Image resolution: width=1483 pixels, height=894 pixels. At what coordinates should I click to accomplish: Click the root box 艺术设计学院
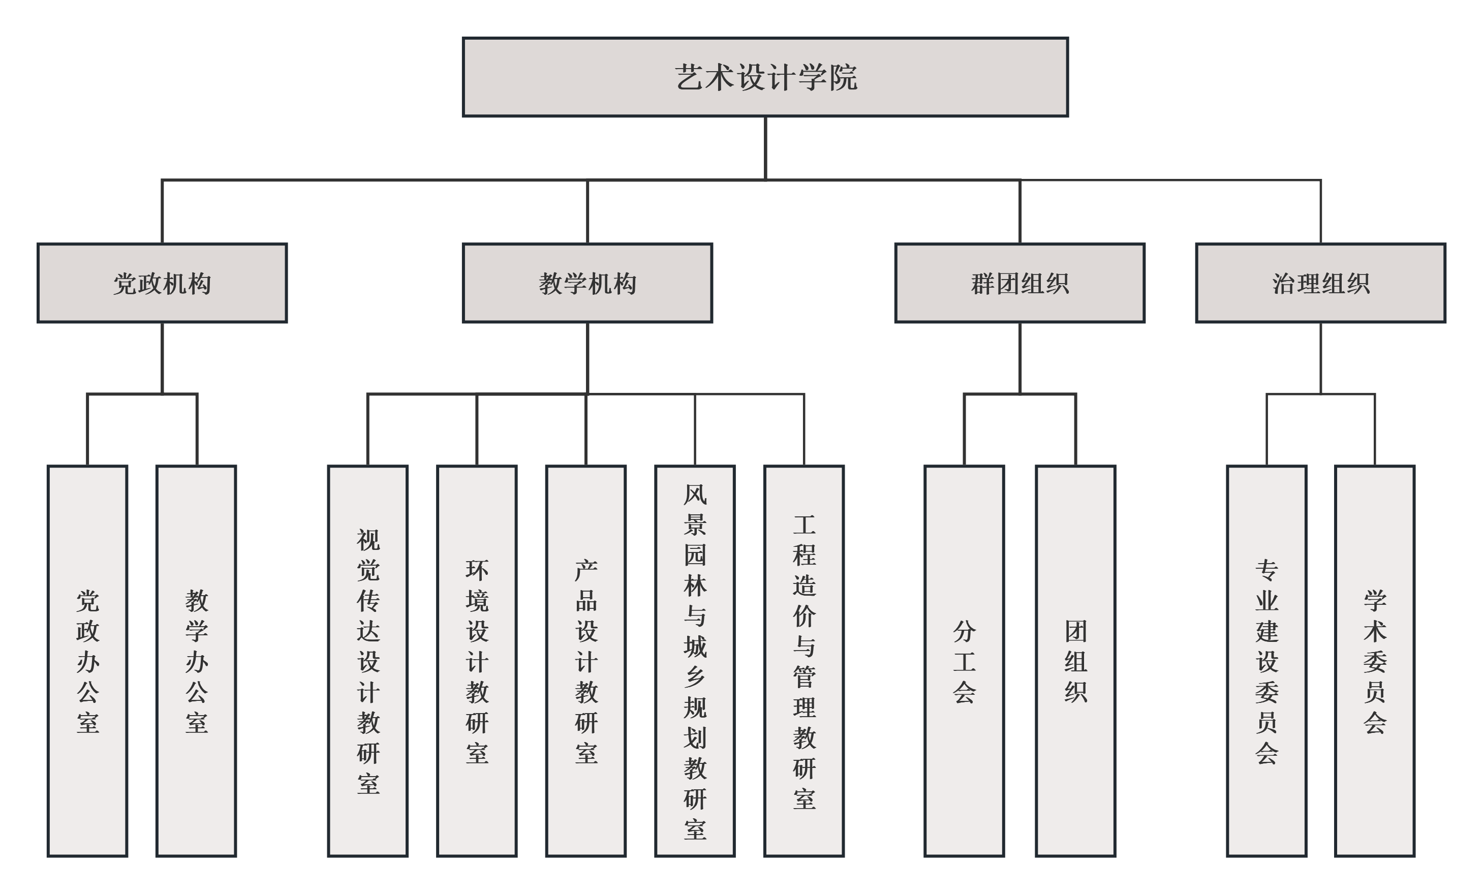(x=765, y=77)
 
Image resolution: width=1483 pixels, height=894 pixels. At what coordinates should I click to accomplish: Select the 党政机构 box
(x=162, y=283)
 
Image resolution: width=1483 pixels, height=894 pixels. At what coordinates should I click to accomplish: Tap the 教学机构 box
(x=587, y=283)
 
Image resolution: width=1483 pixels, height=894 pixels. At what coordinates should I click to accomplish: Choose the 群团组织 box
(x=1019, y=283)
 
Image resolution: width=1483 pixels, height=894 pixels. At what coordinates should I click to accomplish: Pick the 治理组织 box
(x=1320, y=283)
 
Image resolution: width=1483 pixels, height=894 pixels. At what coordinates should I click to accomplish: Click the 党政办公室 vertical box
(x=87, y=660)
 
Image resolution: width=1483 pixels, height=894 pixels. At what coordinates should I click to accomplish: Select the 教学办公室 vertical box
(x=196, y=660)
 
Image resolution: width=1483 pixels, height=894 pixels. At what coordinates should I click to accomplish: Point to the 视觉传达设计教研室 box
(x=368, y=660)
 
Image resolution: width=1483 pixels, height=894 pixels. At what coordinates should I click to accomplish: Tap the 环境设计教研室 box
(x=477, y=660)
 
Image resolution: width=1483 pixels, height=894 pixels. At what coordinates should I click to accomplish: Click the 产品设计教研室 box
(x=585, y=660)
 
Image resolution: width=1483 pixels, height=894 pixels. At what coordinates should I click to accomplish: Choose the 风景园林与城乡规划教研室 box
(x=695, y=660)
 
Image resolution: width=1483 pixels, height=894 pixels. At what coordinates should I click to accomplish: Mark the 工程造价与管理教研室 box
(x=804, y=660)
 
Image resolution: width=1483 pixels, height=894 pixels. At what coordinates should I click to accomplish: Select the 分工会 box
(x=964, y=660)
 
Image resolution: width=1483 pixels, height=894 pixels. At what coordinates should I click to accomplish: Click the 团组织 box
(x=1075, y=660)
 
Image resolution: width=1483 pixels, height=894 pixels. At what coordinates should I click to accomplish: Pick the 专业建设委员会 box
(x=1267, y=660)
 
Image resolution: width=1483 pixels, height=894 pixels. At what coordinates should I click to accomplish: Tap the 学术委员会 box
(x=1375, y=660)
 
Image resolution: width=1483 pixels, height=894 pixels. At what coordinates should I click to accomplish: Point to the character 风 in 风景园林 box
(x=695, y=495)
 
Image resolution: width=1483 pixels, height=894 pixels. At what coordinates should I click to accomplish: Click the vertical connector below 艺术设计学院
(x=765, y=147)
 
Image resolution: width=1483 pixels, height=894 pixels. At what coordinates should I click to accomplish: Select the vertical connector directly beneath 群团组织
(x=1019, y=358)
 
